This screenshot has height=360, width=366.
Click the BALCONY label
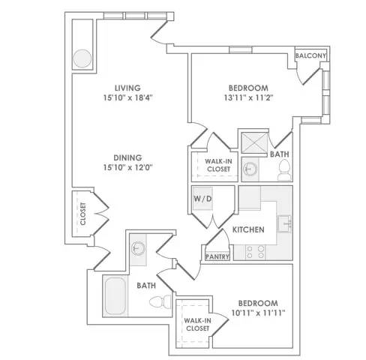310,55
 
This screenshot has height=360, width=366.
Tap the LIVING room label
127,88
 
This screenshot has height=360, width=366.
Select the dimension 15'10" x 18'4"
128,97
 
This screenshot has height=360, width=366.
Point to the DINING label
127,157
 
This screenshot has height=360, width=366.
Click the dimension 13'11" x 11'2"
248,97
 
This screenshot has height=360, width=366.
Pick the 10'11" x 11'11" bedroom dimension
259,313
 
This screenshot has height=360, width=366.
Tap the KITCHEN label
248,229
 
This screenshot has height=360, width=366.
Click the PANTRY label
217,256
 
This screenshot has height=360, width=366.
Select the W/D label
202,199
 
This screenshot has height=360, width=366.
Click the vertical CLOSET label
83,214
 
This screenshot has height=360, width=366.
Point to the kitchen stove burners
255,252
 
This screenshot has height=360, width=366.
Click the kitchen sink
284,223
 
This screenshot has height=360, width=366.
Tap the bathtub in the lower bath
115,296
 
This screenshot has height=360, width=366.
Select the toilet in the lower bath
160,301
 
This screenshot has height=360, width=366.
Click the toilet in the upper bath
284,169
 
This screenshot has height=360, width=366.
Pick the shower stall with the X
254,142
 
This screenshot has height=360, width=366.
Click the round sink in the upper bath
250,169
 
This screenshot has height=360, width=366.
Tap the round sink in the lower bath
138,248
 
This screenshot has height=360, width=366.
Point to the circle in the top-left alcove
82,58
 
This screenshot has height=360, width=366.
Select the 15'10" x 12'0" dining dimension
128,167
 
